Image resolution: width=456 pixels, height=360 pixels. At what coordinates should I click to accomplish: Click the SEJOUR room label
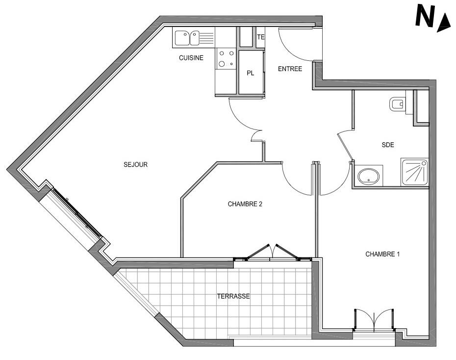(x=135, y=165)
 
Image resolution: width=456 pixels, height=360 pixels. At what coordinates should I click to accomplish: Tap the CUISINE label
(x=191, y=58)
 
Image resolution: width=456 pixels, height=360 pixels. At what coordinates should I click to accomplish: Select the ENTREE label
(x=290, y=69)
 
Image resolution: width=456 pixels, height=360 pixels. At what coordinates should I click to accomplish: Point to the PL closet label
(x=251, y=73)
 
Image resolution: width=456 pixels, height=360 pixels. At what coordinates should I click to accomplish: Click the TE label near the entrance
(x=260, y=37)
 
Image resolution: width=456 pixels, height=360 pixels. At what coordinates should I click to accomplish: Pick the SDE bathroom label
(x=388, y=145)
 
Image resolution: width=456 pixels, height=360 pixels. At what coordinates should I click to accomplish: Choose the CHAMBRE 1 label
(x=382, y=254)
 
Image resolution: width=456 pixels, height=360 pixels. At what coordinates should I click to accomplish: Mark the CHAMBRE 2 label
(x=245, y=204)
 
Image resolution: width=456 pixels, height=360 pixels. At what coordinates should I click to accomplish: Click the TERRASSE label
(x=233, y=296)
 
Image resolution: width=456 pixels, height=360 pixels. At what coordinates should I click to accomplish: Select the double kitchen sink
(x=194, y=38)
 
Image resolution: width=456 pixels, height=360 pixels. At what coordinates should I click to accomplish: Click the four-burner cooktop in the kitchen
(x=226, y=58)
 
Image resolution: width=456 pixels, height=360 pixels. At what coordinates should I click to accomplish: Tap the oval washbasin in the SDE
(x=368, y=176)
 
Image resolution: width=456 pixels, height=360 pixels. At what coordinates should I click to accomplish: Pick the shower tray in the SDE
(x=415, y=172)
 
